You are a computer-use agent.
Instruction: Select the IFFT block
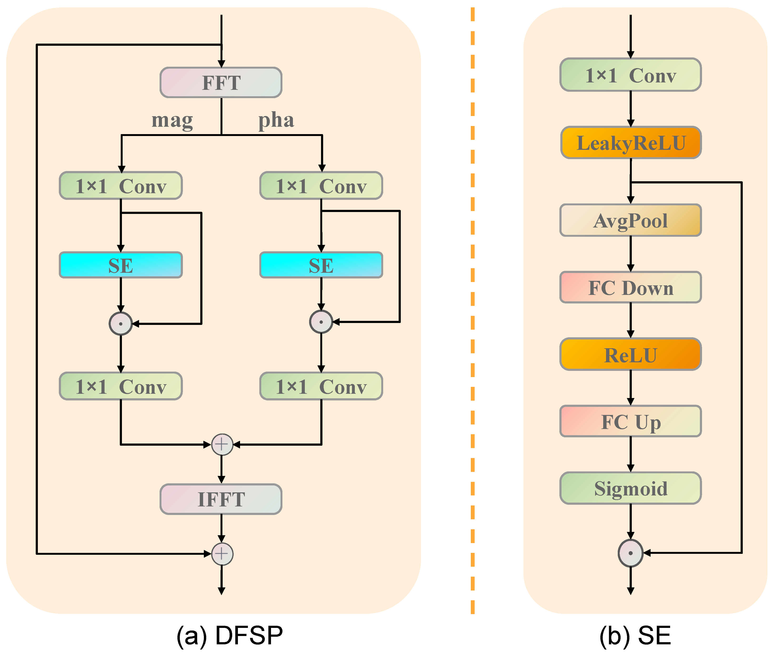point(221,499)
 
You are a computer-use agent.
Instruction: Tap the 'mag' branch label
point(172,120)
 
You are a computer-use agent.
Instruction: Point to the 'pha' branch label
point(276,120)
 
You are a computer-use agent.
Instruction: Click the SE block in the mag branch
point(120,265)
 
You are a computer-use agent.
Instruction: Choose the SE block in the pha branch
point(321,265)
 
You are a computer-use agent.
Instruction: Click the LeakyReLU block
point(631,143)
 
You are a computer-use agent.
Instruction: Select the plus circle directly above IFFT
point(222,444)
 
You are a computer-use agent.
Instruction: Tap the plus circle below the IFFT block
point(222,554)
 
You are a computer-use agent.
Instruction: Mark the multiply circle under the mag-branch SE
point(120,323)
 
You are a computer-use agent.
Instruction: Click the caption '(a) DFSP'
point(229,635)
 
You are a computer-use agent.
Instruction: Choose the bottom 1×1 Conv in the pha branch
point(321,386)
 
